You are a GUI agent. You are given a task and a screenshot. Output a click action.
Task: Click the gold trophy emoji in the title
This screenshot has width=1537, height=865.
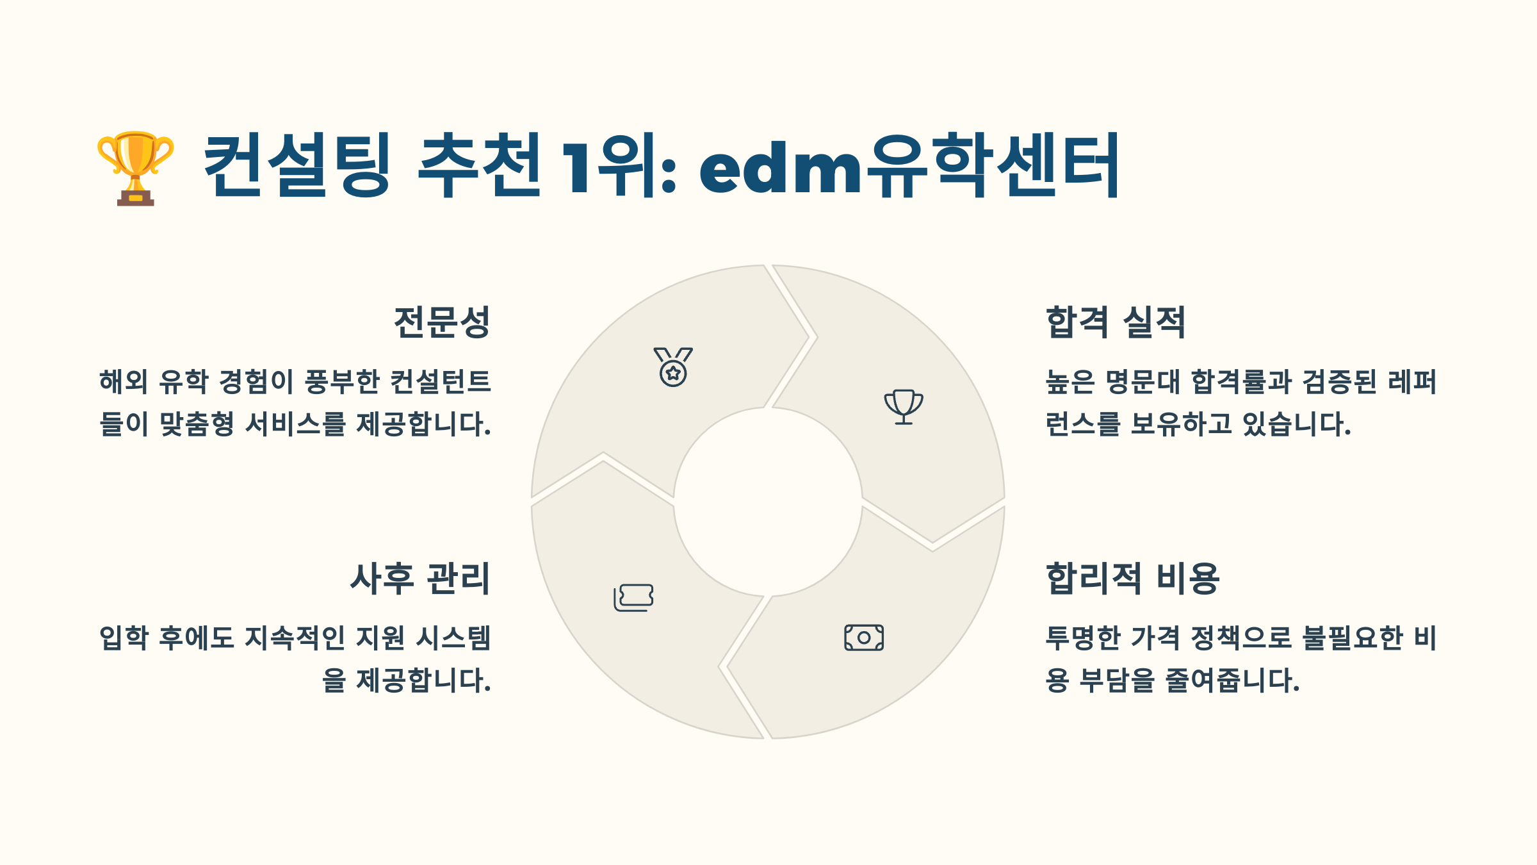pos(135,168)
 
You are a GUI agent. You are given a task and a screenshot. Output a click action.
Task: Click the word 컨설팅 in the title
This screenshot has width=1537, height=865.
pos(297,165)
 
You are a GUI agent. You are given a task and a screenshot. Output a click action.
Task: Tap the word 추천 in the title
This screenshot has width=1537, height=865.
pos(479,165)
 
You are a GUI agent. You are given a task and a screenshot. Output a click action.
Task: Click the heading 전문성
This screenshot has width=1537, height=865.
pos(442,322)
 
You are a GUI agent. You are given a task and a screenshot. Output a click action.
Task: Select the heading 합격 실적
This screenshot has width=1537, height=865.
pos(1116,322)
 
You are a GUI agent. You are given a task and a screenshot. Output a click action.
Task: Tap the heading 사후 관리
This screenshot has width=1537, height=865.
pos(420,578)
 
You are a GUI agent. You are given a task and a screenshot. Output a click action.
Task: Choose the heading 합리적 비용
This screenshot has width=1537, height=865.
pos(1132,578)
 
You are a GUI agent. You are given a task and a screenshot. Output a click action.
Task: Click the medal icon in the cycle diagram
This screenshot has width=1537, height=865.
pos(673,367)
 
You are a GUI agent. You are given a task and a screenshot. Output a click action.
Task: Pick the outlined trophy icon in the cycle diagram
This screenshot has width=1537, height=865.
pos(904,407)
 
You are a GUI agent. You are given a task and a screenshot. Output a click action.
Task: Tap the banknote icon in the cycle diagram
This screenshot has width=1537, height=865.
pos(864,638)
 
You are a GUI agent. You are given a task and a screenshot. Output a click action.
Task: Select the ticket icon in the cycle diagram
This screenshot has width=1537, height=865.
pos(633,598)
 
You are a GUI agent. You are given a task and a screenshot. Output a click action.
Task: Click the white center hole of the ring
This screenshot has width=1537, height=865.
pos(768,502)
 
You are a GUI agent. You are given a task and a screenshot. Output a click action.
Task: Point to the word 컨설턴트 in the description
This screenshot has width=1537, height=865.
pos(441,382)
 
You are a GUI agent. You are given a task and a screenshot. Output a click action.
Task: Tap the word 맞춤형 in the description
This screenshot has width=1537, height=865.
pos(197,424)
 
